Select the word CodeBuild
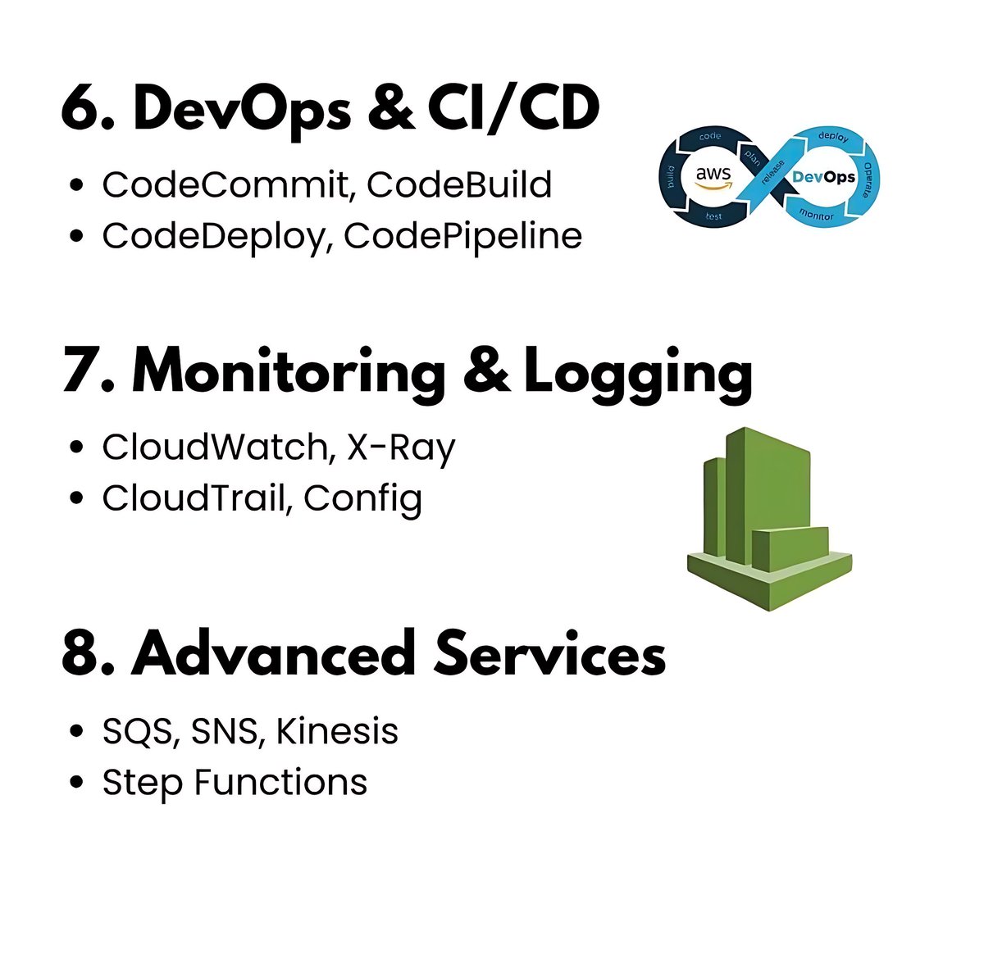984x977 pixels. (x=459, y=185)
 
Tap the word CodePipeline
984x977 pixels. (x=463, y=236)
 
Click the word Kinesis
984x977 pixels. (x=337, y=731)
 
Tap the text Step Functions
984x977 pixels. (x=235, y=782)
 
